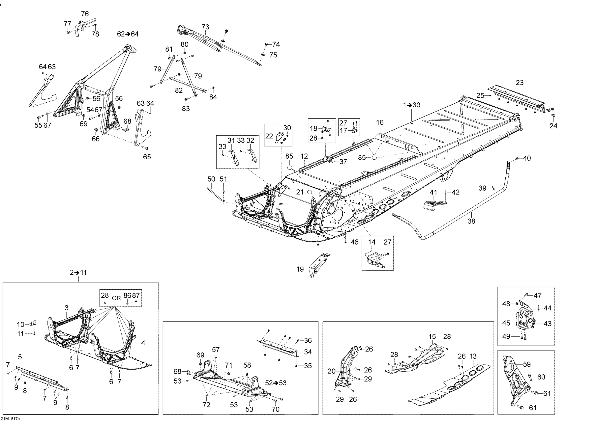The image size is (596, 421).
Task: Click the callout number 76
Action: click(85, 14)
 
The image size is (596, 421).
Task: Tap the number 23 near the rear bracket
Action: click(520, 83)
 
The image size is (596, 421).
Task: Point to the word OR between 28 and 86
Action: click(116, 298)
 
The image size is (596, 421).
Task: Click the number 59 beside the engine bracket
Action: click(527, 364)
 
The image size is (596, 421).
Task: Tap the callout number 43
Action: click(548, 324)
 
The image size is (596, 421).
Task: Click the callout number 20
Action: click(332, 371)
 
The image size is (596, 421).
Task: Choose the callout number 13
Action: click(473, 356)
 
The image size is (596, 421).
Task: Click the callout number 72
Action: click(206, 405)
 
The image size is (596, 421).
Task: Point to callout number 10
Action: click(20, 325)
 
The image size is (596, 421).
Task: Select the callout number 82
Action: click(179, 90)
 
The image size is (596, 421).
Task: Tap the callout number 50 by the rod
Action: click(211, 179)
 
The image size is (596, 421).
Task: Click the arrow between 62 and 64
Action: click(128, 34)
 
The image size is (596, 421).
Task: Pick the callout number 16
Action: click(380, 122)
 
